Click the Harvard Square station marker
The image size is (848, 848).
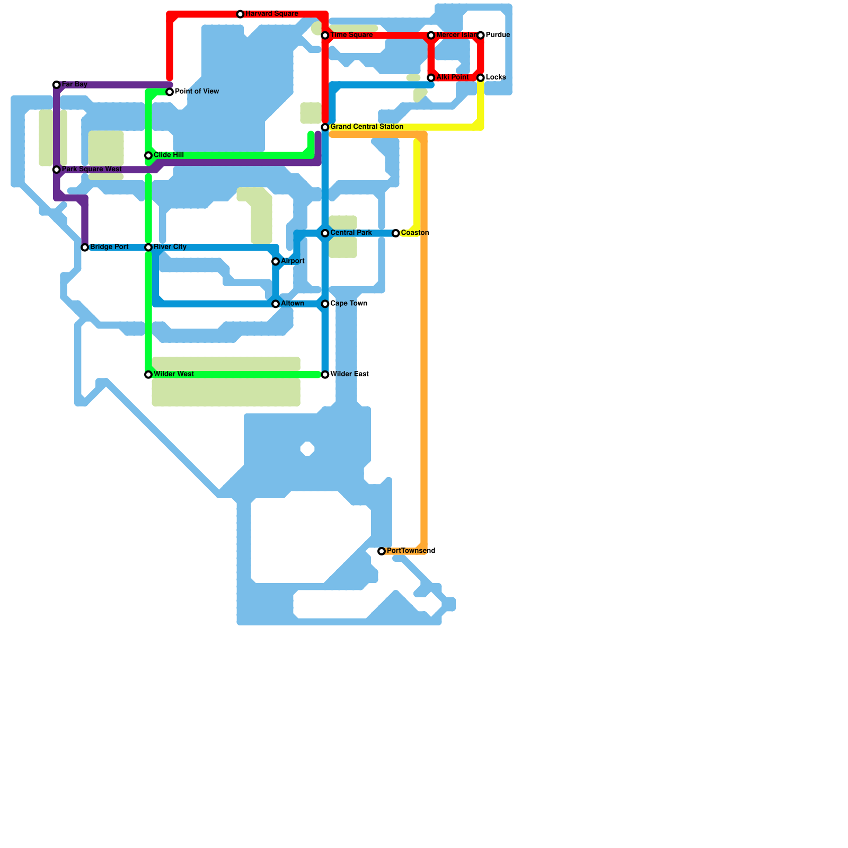pos(240,14)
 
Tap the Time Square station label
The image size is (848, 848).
pos(351,35)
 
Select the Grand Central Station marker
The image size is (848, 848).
pos(325,127)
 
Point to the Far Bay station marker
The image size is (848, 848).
pos(57,85)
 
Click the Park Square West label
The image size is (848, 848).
pos(92,170)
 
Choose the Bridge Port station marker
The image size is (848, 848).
pos(85,248)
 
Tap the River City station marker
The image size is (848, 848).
pos(148,248)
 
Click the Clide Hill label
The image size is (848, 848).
pos(169,155)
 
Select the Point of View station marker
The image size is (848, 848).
pos(170,92)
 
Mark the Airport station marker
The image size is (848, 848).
pos(276,262)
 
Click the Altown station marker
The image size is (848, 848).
pos(276,304)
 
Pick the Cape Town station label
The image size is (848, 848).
pos(349,304)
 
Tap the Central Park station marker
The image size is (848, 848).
pos(325,233)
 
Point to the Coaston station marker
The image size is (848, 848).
pos(396,233)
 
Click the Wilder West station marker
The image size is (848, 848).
pos(148,375)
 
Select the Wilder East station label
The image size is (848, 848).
pos(349,374)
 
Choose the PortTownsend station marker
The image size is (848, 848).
pos(382,552)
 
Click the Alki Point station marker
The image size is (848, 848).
pos(431,78)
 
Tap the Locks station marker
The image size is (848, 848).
pos(481,78)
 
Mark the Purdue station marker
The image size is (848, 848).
pos(481,36)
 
